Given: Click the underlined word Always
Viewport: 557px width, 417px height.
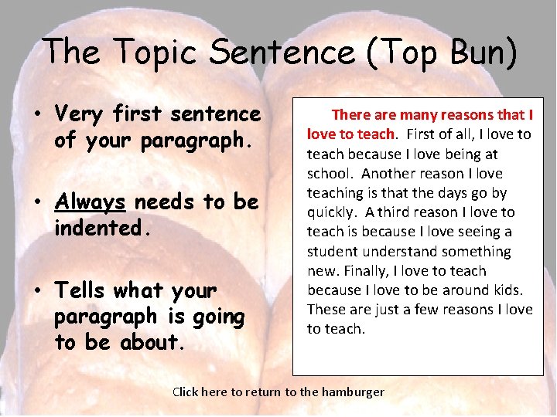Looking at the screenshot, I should tap(90, 202).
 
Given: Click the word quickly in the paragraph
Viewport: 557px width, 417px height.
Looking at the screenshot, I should tap(330, 212).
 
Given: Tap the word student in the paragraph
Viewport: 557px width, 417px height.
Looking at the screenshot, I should tap(331, 252).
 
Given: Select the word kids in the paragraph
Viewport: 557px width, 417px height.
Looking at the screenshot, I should tap(506, 290).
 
